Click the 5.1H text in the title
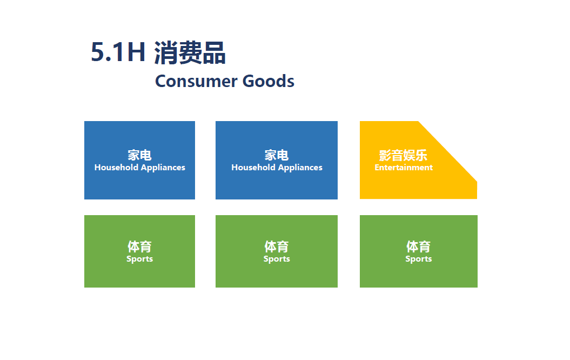118,52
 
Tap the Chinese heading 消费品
190,53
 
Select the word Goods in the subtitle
269,81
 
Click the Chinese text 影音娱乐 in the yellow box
403,155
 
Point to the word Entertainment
404,168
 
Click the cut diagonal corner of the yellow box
448,151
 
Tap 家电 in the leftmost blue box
139,155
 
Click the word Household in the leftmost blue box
116,167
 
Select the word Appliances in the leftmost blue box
163,168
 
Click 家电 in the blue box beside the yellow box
277,155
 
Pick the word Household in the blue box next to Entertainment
253,167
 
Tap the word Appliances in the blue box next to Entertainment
300,168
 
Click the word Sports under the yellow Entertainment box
419,259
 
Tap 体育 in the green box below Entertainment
418,246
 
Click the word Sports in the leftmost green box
139,259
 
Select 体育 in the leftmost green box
139,246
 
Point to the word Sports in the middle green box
277,259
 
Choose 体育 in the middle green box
277,246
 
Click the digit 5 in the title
97,52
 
